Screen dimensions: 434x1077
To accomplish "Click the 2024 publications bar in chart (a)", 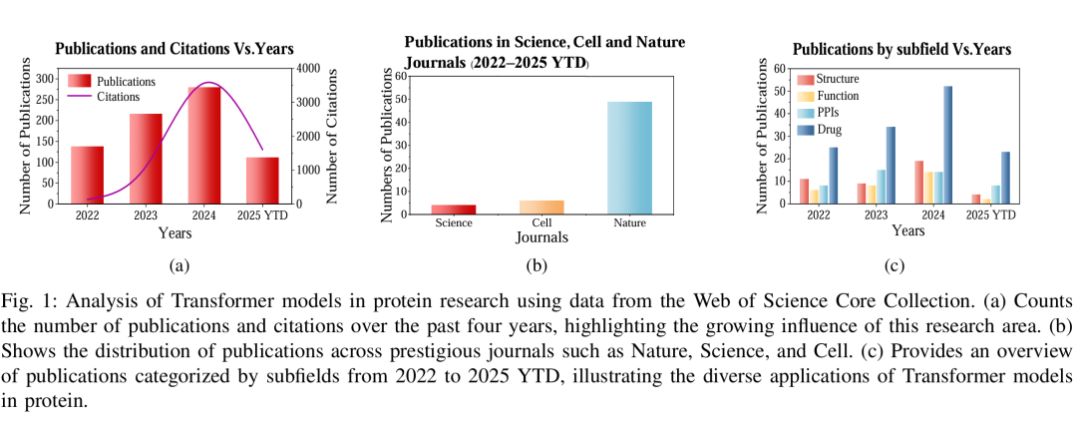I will click(x=204, y=146).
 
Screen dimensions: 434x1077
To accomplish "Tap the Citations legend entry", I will click(x=119, y=97).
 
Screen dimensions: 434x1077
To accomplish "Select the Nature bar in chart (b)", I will click(x=629, y=158).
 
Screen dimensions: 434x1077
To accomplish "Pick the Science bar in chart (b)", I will click(x=453, y=209).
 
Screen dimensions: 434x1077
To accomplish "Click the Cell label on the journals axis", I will click(x=541, y=222).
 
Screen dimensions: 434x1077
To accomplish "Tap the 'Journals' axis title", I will click(x=541, y=238).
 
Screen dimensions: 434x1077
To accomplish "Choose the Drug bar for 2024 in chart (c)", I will click(x=946, y=145).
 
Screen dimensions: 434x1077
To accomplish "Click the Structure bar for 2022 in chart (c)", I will click(x=803, y=192).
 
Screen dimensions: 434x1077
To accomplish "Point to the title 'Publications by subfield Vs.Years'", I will click(x=901, y=49).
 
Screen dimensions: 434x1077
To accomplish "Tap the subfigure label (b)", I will click(x=538, y=266).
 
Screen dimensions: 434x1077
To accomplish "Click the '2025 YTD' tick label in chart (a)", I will click(x=263, y=213).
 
